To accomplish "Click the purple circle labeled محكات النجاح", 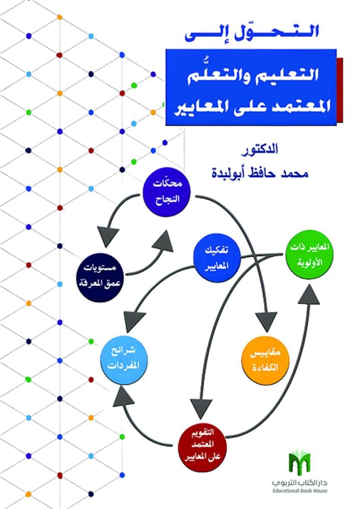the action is [167, 193].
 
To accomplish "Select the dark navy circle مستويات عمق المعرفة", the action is [100, 277].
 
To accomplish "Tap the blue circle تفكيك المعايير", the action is [217, 258].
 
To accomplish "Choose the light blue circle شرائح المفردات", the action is [124, 360].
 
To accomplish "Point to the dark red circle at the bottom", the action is [203, 444].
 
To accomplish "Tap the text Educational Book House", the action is [300, 491].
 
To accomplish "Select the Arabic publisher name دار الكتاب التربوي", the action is [300, 483].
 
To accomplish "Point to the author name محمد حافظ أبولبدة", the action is [260, 173].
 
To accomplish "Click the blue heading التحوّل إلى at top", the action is [252, 34].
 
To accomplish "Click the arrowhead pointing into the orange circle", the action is [266, 321].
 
